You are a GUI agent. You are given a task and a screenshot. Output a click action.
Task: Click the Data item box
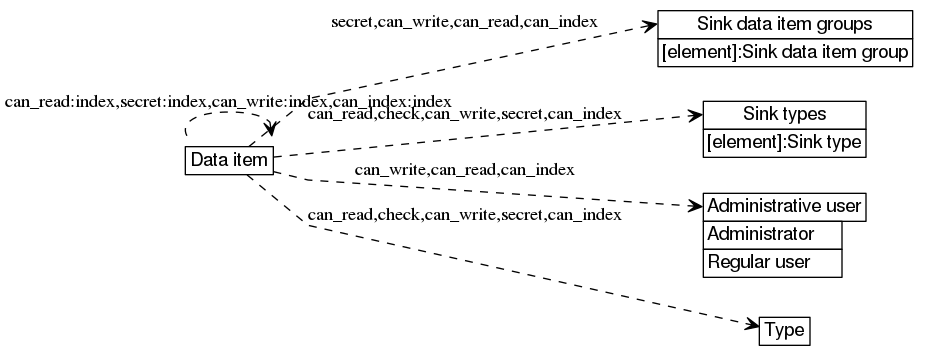229,160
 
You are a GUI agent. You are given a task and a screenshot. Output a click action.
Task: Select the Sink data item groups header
785,24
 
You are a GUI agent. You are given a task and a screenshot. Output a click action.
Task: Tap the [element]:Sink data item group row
785,52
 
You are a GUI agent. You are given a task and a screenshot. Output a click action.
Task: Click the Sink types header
784,114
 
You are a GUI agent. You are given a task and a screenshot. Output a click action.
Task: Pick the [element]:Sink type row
784,143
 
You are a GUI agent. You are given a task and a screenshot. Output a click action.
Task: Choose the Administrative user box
784,207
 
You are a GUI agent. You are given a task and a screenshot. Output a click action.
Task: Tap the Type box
784,329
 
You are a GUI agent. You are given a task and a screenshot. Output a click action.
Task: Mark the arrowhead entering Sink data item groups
650,27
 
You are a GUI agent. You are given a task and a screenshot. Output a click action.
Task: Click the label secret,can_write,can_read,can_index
464,21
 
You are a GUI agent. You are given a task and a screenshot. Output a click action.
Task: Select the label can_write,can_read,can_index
464,170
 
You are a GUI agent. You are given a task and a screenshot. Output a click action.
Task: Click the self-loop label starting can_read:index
228,102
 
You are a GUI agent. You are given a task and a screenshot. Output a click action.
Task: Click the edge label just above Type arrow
464,214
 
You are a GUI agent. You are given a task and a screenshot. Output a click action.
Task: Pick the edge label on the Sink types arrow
464,115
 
